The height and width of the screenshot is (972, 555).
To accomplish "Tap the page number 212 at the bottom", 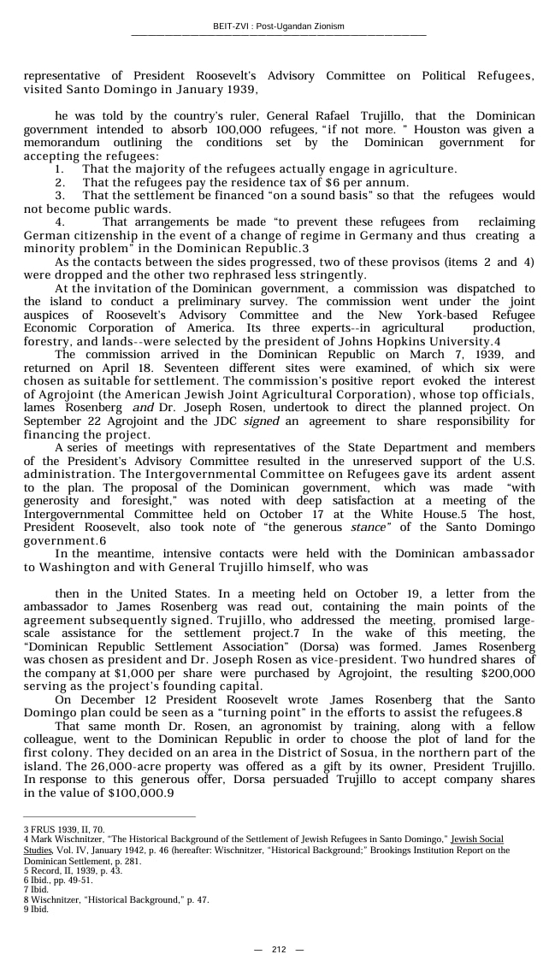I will tap(279, 950).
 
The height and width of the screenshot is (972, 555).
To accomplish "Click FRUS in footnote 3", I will tap(40, 829).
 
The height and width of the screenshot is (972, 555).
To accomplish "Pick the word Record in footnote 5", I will tap(44, 870).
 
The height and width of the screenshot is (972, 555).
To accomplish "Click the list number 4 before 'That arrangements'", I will tap(60, 222).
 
